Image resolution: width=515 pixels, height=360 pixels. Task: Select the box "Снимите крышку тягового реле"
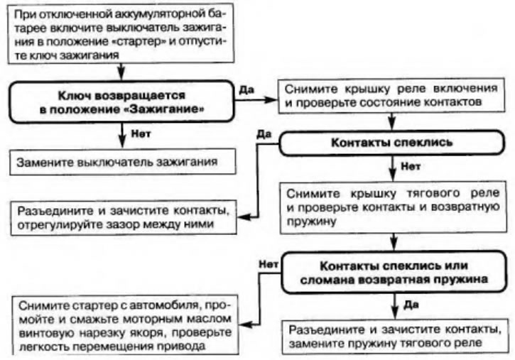point(391,205)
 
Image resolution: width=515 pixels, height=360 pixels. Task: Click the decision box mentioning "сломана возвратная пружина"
point(393,273)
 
